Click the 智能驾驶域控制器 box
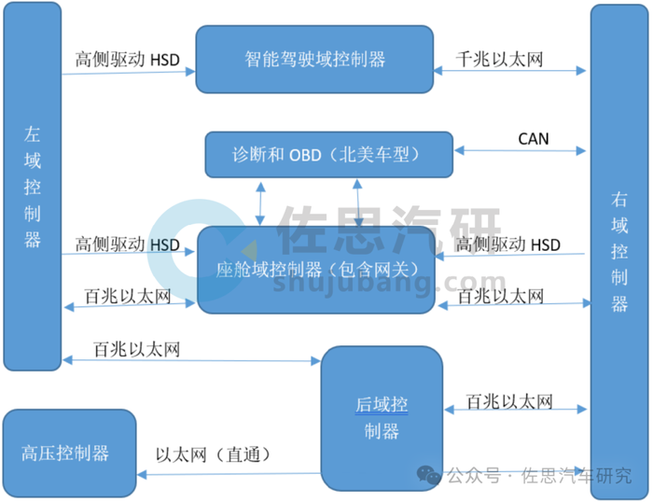(314, 59)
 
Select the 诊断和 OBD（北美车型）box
(328, 154)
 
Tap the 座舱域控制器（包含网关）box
(316, 270)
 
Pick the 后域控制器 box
(381, 417)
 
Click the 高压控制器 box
(69, 453)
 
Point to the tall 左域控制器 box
(33, 187)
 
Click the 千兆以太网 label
(499, 59)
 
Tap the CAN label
(534, 139)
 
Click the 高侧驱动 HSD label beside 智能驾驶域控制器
(127, 59)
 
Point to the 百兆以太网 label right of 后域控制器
(509, 402)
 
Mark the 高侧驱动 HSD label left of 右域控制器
(508, 244)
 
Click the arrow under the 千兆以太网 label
(511, 70)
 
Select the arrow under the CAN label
(521, 150)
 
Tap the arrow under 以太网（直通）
(364, 473)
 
